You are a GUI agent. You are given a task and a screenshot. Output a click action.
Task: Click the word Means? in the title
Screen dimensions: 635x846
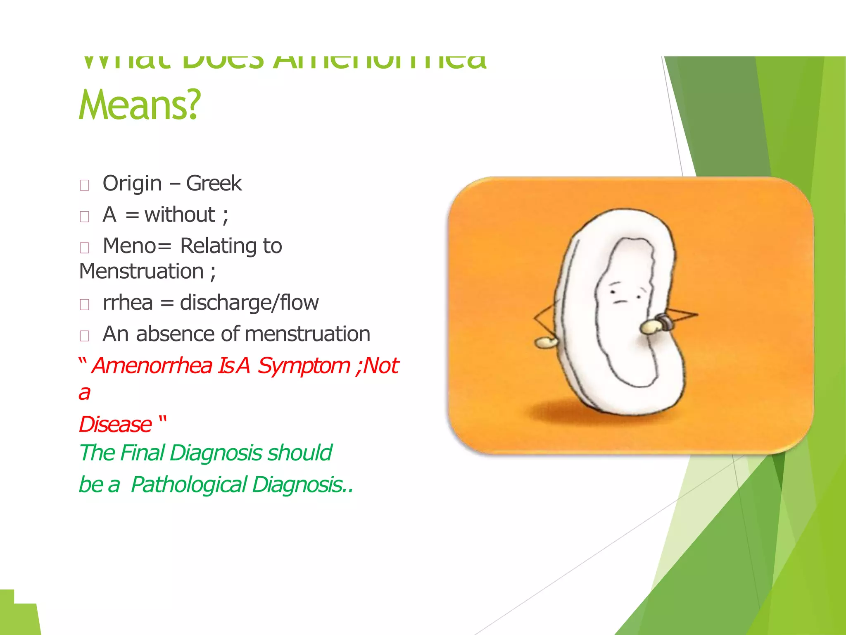(x=139, y=106)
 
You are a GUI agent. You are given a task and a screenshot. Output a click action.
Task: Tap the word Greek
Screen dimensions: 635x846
(x=214, y=184)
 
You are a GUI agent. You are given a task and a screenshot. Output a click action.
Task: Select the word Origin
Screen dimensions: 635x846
(x=132, y=184)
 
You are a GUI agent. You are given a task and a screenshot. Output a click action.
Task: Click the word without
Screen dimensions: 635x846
(x=180, y=215)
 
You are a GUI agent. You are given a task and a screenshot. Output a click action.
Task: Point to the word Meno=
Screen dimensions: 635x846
(x=137, y=246)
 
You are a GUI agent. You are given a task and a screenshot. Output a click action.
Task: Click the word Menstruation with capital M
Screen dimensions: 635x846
(x=141, y=272)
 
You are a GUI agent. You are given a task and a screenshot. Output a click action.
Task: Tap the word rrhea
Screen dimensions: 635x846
(x=128, y=303)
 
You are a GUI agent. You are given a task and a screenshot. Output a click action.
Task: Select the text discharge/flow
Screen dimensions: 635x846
(x=249, y=303)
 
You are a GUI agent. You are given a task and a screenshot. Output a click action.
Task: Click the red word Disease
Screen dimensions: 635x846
(x=115, y=425)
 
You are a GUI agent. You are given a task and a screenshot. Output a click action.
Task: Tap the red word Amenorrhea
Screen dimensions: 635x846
(x=152, y=366)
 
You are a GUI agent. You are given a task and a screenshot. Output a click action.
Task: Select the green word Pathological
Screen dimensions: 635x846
(x=189, y=485)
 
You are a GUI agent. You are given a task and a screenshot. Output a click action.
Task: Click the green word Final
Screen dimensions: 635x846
(x=143, y=453)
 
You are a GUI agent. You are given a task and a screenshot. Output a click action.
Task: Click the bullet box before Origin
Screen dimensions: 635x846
(x=85, y=185)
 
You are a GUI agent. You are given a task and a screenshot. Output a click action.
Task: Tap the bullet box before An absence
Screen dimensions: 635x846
(x=85, y=336)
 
